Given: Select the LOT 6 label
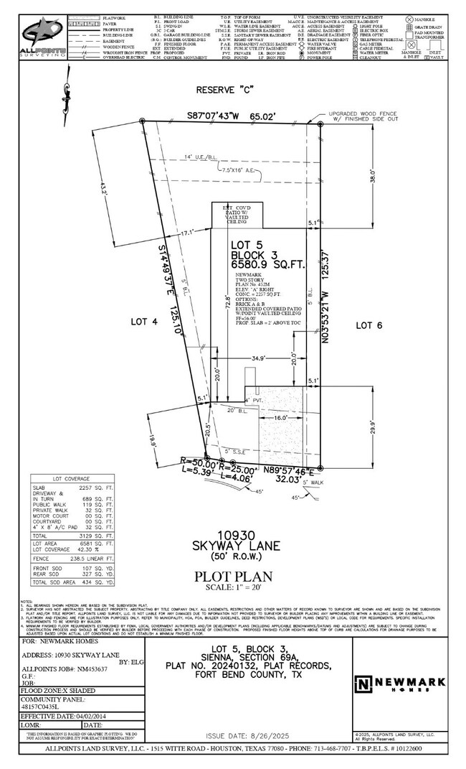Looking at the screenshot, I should (371, 325).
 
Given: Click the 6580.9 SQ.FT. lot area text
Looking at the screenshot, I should (267, 264).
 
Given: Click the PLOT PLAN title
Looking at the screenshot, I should (233, 576).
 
